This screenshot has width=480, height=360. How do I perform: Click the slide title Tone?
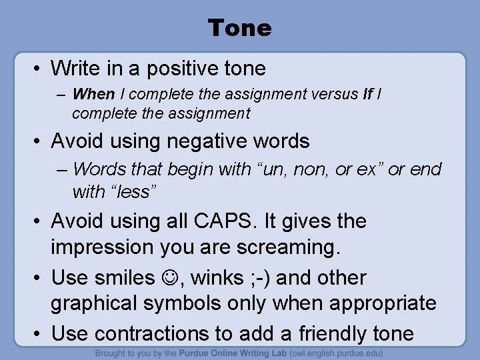coord(239,28)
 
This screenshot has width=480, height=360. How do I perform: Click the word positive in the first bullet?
coord(186,67)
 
